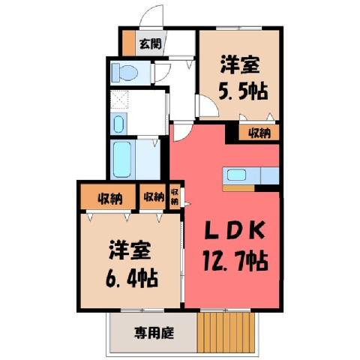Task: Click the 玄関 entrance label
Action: pyautogui.click(x=150, y=44)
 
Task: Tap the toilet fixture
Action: pyautogui.click(x=124, y=73)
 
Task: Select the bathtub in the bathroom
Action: pyautogui.click(x=122, y=160)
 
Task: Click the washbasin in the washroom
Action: pyautogui.click(x=118, y=124)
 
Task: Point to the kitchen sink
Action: pyautogui.click(x=236, y=175)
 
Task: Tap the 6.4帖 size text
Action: pyautogui.click(x=132, y=278)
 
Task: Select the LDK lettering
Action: pyautogui.click(x=235, y=230)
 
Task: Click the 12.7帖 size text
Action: pyautogui.click(x=235, y=262)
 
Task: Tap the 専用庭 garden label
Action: pyautogui.click(x=154, y=333)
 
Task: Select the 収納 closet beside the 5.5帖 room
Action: pyautogui.click(x=259, y=133)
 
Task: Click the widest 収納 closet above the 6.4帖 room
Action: pyautogui.click(x=108, y=197)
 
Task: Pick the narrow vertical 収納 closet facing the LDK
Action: pyautogui.click(x=175, y=196)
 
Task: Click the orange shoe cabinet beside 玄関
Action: pyautogui.click(x=128, y=43)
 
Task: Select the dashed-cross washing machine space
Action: pyautogui.click(x=119, y=99)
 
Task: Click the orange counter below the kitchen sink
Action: pyautogui.click(x=238, y=188)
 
